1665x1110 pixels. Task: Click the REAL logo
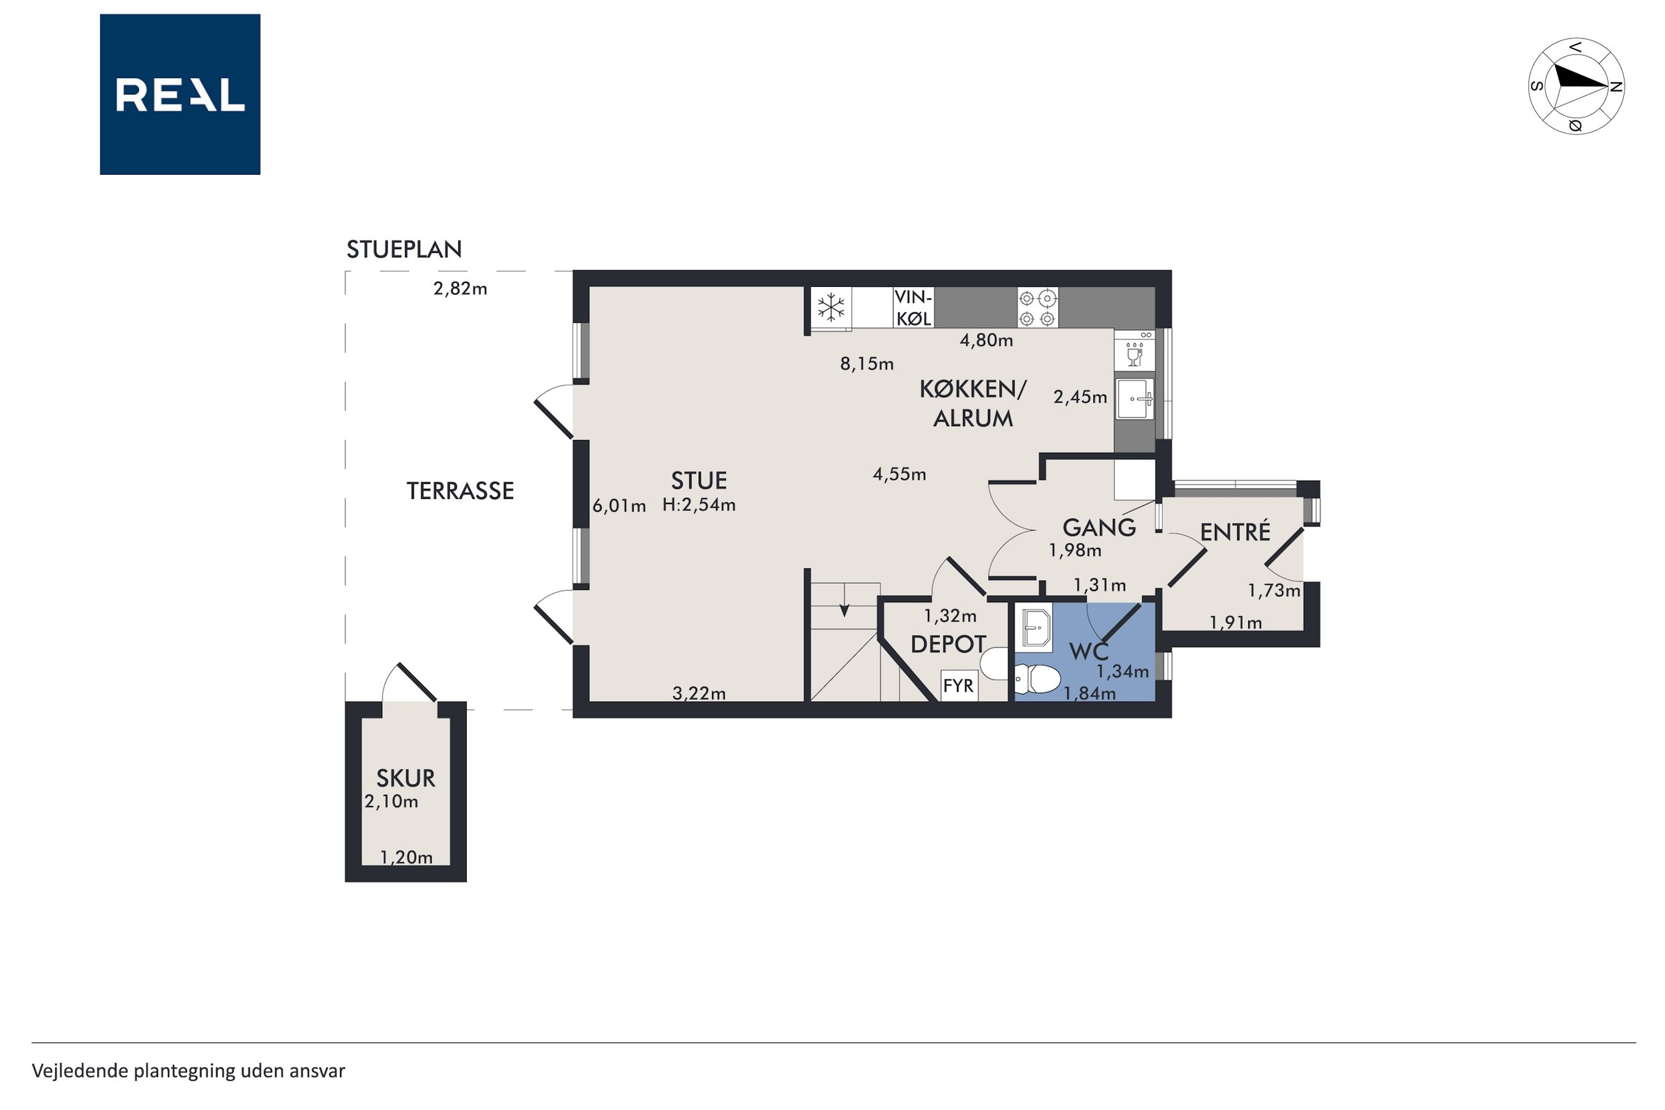point(180,94)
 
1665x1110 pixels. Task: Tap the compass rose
point(1576,86)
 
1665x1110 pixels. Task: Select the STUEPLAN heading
point(404,249)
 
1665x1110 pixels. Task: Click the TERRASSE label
point(460,491)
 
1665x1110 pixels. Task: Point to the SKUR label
point(405,778)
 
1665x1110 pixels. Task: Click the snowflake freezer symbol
point(831,307)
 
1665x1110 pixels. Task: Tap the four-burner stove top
point(1038,307)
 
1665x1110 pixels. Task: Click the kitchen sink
point(1134,398)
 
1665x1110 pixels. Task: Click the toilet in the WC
point(1037,679)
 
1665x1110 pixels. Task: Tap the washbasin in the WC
point(1033,627)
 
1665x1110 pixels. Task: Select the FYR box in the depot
point(959,685)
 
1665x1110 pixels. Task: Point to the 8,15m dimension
point(867,364)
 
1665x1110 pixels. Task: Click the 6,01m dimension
point(619,506)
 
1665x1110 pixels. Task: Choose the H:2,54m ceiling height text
point(699,505)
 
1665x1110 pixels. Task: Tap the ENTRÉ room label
point(1235,532)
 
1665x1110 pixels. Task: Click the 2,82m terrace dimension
point(460,289)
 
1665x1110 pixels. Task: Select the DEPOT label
point(948,644)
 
